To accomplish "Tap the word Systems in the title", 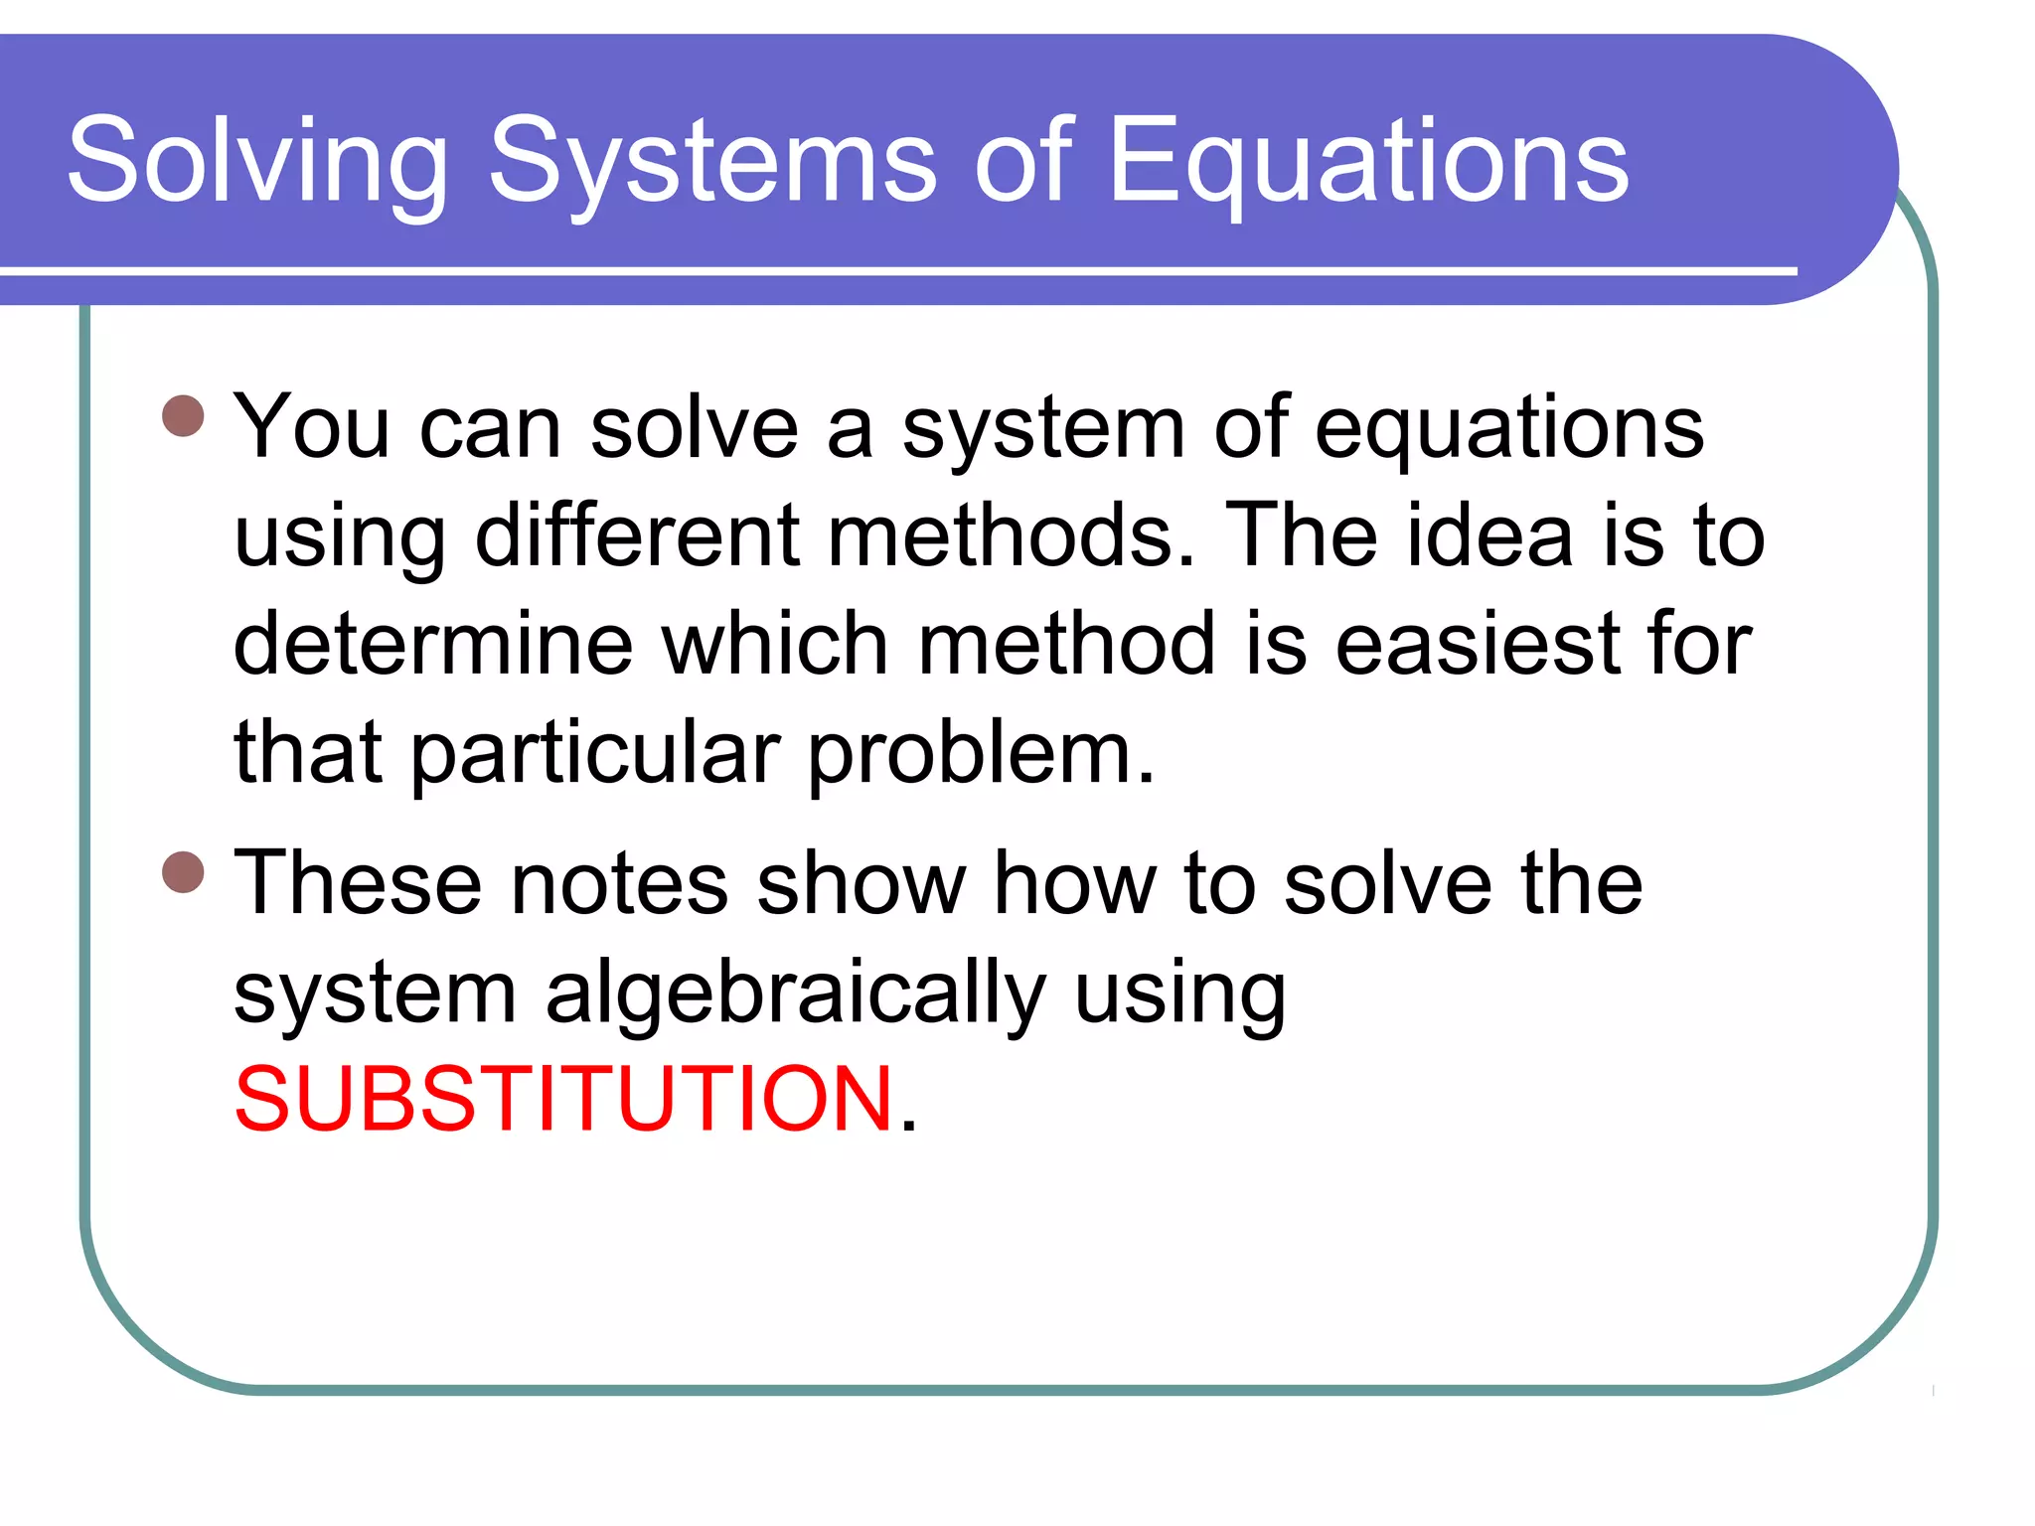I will [712, 162].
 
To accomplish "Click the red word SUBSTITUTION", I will [563, 1099].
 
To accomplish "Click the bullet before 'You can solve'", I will [183, 416].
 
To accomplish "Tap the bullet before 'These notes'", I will [183, 872].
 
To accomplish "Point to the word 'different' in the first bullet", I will [637, 535].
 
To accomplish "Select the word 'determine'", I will [432, 645].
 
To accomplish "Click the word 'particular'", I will [595, 753].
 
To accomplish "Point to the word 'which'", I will [774, 645].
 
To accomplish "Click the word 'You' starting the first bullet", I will [311, 427].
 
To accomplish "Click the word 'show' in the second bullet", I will [861, 883].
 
